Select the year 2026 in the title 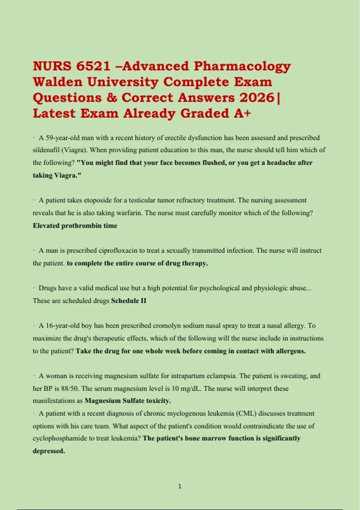256,98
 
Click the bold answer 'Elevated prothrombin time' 75,226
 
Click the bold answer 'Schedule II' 129,301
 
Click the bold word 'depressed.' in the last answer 49,451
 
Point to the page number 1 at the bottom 180,486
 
